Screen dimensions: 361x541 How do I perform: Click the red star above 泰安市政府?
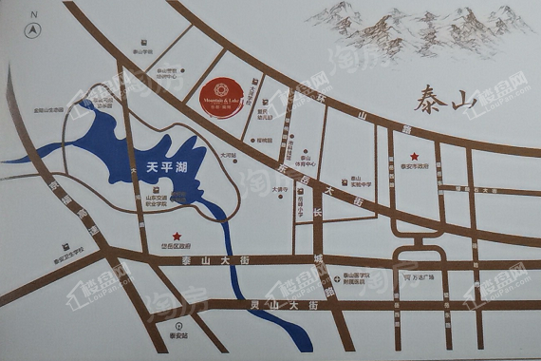[413, 156]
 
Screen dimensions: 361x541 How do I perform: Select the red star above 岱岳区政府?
[176, 237]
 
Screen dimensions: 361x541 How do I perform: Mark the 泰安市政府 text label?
[415, 167]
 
